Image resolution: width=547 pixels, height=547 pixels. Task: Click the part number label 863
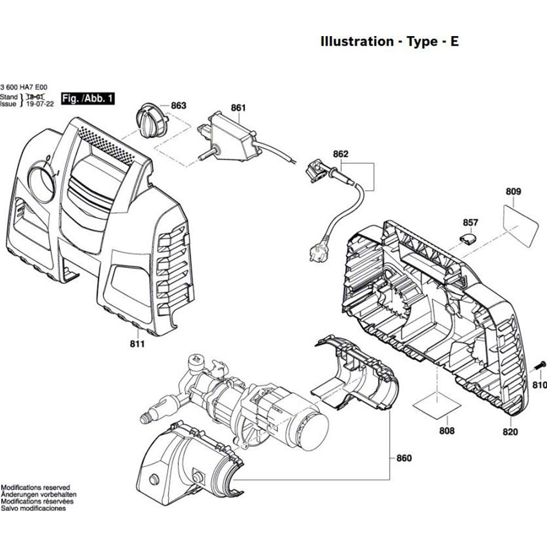pyautogui.click(x=179, y=106)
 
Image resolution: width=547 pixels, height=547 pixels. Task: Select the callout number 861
pyautogui.click(x=238, y=108)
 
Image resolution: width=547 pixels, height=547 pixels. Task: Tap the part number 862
pyautogui.click(x=340, y=154)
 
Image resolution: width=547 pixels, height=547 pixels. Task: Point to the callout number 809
pyautogui.click(x=514, y=191)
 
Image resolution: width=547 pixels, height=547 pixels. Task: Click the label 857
pyautogui.click(x=470, y=223)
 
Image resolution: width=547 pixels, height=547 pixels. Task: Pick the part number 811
pyautogui.click(x=137, y=344)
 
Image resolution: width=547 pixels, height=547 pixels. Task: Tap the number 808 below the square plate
pyautogui.click(x=447, y=431)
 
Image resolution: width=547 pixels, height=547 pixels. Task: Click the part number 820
pyautogui.click(x=510, y=432)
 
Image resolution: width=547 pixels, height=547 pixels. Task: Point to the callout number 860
pyautogui.click(x=404, y=458)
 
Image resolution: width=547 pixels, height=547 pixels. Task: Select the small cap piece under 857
pyautogui.click(x=469, y=237)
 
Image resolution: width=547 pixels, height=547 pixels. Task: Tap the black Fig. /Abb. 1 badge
pyautogui.click(x=88, y=98)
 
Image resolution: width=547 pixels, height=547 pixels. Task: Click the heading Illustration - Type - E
pyautogui.click(x=389, y=42)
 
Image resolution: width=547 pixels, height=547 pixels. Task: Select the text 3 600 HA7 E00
pyautogui.click(x=24, y=87)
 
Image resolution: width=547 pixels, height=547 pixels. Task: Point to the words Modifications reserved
pyautogui.click(x=35, y=487)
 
